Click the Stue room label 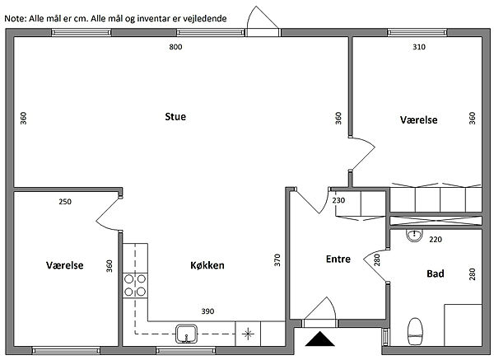(175, 117)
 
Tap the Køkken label (207, 265)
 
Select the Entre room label (338, 259)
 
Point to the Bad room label (436, 274)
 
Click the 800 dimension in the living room (175, 48)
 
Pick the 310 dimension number (418, 48)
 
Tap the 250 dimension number (65, 202)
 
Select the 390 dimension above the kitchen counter (207, 311)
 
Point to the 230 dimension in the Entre (338, 200)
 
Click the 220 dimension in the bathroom (436, 240)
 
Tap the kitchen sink (189, 334)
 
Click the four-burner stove (135, 285)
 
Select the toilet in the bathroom (416, 331)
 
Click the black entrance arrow (319, 339)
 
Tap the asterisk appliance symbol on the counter (247, 334)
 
